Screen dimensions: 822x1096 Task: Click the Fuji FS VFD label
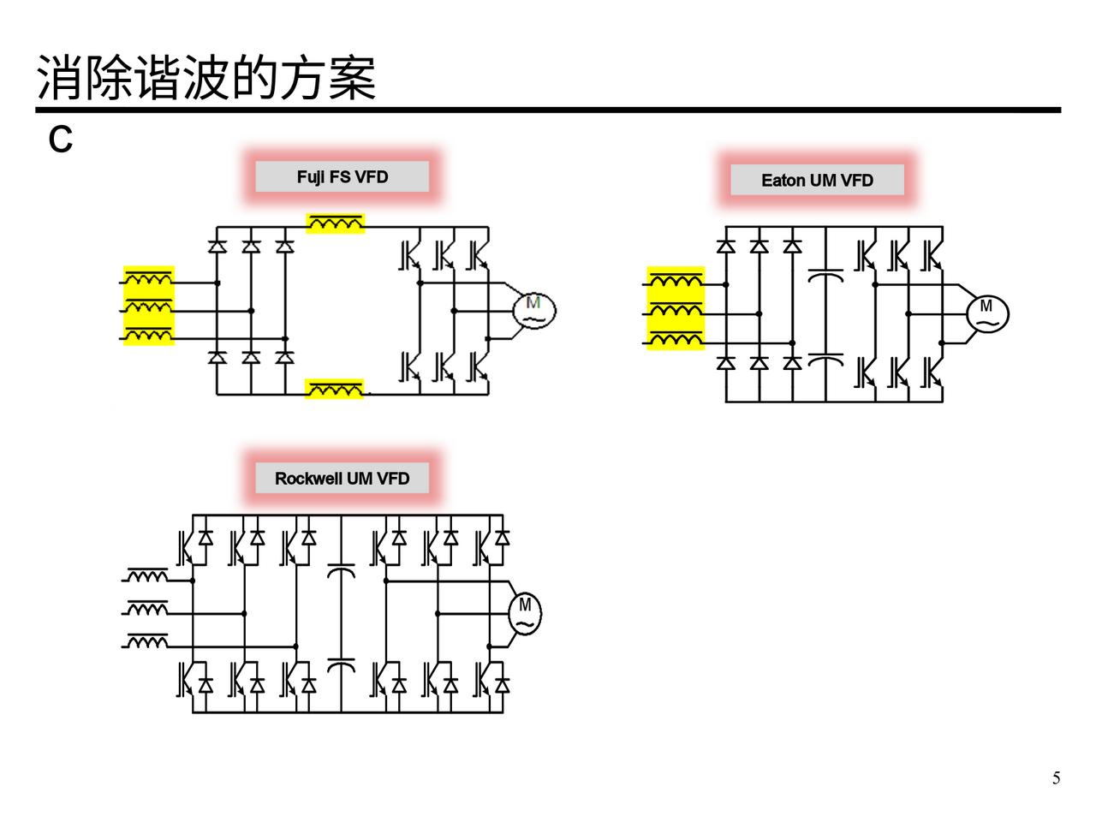coord(342,177)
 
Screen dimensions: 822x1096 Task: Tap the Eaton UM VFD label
coord(817,181)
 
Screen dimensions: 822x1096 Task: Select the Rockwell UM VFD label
coord(342,479)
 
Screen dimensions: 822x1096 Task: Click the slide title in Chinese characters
coord(206,78)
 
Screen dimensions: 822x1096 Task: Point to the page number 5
coord(1056,778)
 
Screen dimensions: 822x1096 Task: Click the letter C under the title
coord(60,140)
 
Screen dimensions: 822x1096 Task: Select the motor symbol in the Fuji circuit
coord(534,310)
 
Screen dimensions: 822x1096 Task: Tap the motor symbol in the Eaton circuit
coord(987,313)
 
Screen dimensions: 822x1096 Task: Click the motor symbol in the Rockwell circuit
coord(525,613)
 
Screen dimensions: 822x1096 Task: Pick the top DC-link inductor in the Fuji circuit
coord(336,224)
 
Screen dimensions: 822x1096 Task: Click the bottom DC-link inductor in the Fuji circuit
coord(336,390)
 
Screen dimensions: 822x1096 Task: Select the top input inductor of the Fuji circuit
coord(149,279)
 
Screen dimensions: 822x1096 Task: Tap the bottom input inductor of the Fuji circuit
coord(149,335)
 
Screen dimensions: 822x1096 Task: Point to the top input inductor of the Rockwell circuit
coord(148,577)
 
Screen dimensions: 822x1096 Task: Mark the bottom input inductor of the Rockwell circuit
coord(148,641)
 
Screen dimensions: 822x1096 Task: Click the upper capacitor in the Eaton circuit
coord(825,276)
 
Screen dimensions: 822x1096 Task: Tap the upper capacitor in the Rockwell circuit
coord(341,570)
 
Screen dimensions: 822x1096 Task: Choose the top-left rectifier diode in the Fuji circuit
coord(217,247)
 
